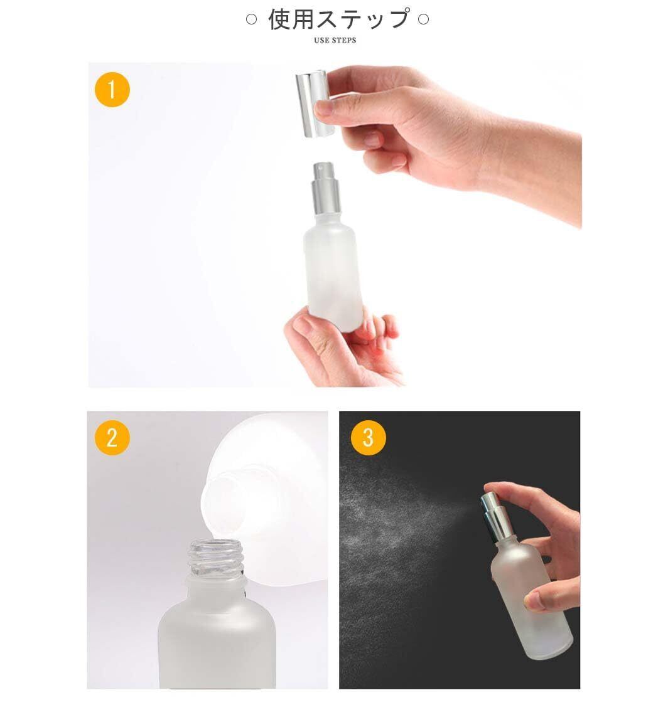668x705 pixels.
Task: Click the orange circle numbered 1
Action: pyautogui.click(x=112, y=90)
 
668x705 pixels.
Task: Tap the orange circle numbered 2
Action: pyautogui.click(x=112, y=437)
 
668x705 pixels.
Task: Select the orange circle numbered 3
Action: pyautogui.click(x=368, y=437)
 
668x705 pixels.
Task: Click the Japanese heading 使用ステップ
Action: pyautogui.click(x=338, y=19)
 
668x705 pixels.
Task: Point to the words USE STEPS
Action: pyautogui.click(x=335, y=41)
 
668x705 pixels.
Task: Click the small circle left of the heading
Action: pyautogui.click(x=251, y=19)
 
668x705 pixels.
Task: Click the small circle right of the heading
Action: pyautogui.click(x=424, y=19)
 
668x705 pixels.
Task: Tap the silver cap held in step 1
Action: pyautogui.click(x=315, y=103)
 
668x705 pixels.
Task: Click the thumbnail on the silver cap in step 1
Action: pyautogui.click(x=323, y=110)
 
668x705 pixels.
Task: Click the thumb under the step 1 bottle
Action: pyautogui.click(x=315, y=342)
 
